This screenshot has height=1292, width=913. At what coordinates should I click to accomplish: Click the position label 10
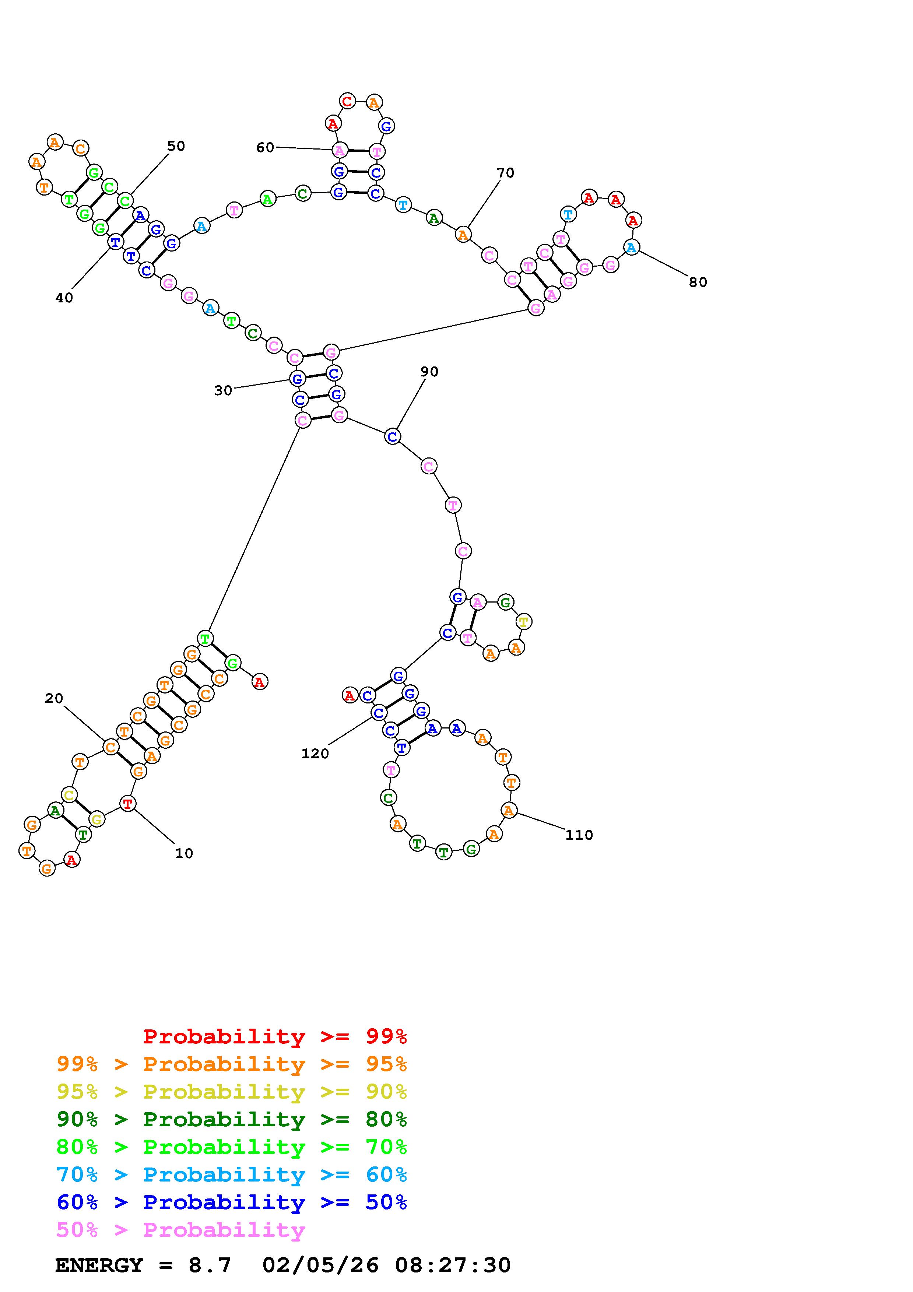[x=184, y=854]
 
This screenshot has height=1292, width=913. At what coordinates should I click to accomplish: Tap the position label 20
[x=54, y=698]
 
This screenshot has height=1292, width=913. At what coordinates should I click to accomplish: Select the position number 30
[x=223, y=390]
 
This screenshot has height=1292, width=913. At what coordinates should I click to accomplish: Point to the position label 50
[x=176, y=146]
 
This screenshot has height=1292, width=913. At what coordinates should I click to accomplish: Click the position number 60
[x=265, y=147]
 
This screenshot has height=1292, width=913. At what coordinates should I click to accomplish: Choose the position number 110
[x=579, y=835]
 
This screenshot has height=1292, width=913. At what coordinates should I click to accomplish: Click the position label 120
[x=315, y=754]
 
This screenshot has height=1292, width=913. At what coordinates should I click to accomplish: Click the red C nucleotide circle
[x=347, y=102]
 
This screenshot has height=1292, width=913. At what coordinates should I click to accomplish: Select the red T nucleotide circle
[x=128, y=804]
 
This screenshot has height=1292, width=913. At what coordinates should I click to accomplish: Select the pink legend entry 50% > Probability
[x=180, y=1230]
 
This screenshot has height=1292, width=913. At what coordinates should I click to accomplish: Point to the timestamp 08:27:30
[x=453, y=1265]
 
